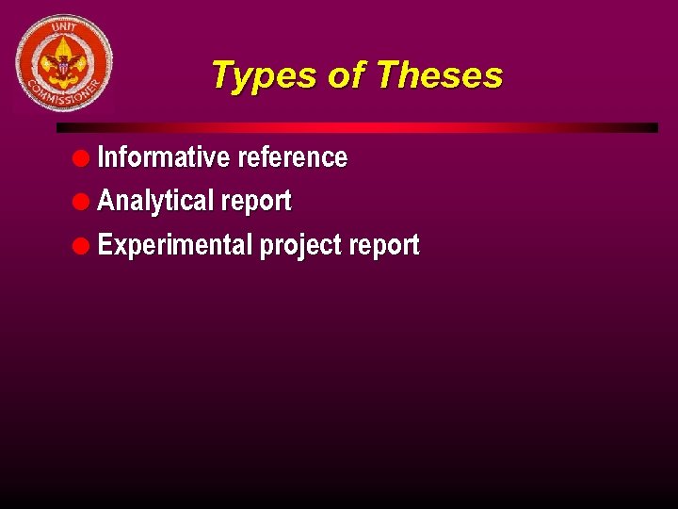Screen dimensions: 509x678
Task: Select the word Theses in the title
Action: point(439,75)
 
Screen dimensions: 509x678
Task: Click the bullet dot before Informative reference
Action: point(86,157)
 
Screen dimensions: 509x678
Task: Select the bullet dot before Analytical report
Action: point(86,201)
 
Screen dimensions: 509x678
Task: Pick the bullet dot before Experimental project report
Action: point(86,245)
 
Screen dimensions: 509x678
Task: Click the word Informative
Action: point(164,156)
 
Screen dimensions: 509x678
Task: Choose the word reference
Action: point(292,156)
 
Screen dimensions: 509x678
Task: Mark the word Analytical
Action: point(156,201)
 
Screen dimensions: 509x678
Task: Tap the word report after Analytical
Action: point(256,202)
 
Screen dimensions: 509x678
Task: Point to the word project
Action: point(300,246)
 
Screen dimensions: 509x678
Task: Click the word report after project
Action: point(384,246)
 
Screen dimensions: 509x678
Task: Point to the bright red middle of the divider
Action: point(358,127)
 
